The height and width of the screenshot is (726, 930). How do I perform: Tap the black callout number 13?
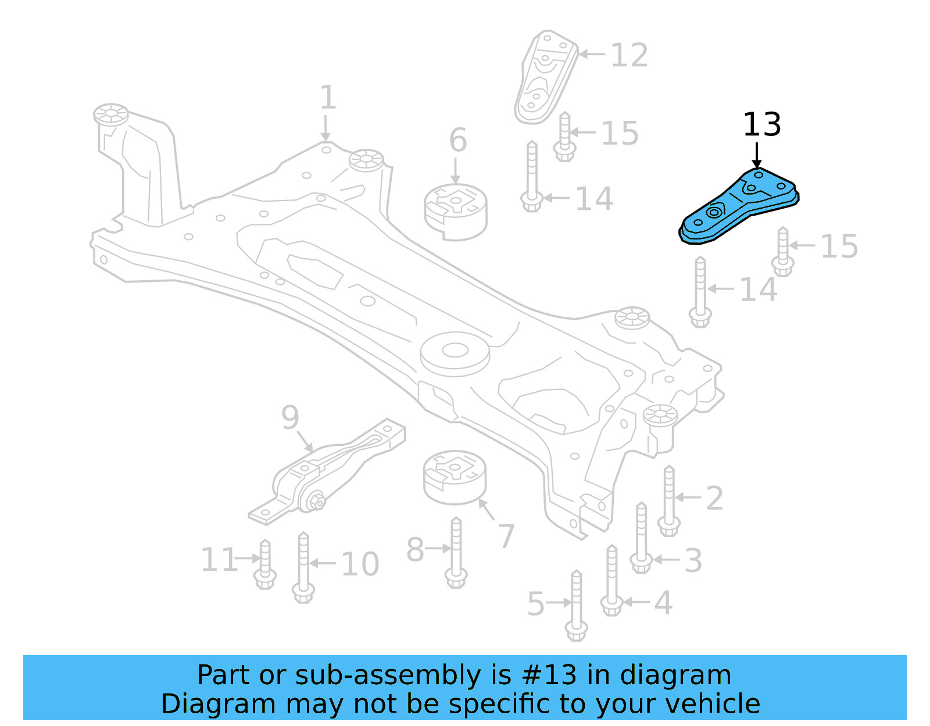pos(761,125)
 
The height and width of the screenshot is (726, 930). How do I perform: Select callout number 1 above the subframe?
pos(328,98)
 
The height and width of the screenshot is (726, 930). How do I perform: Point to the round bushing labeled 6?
pos(456,212)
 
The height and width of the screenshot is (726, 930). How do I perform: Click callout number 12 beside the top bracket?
pos(629,56)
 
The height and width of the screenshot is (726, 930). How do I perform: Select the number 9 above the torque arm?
pos(290,417)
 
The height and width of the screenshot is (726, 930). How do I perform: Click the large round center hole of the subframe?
pos(455,350)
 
